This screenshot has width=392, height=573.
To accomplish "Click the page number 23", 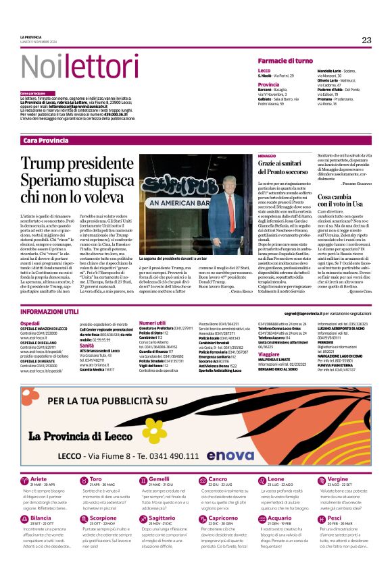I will pos(366,40).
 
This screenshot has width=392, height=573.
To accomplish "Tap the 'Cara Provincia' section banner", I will pos(45,140).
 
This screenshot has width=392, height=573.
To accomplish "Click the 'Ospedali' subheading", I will pos(30,324).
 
